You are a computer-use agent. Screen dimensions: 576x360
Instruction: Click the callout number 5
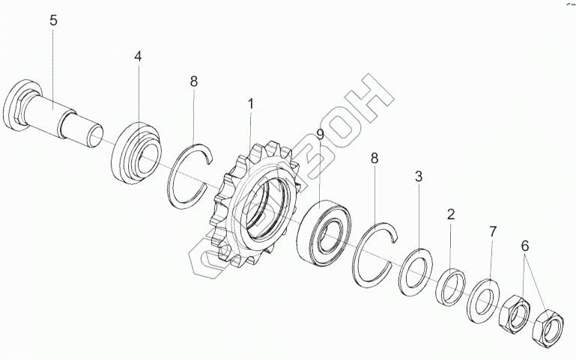[53, 20]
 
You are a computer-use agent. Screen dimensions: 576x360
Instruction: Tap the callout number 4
[138, 57]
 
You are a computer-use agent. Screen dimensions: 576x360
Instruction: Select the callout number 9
[319, 135]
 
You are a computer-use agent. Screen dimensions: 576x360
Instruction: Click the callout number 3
[419, 177]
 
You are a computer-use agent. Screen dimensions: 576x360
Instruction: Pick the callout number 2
[450, 214]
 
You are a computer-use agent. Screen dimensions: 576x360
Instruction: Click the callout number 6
[525, 245]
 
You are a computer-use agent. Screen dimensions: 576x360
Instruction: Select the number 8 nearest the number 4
[194, 82]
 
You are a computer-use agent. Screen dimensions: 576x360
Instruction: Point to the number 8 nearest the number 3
[375, 158]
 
